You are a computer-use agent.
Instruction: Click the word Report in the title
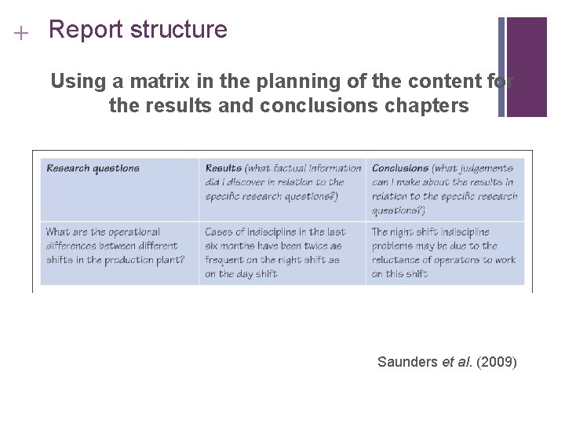click(x=86, y=31)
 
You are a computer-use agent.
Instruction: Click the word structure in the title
click(x=178, y=31)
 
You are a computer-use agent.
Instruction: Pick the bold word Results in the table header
click(x=223, y=168)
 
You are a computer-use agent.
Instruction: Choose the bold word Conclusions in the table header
click(x=400, y=168)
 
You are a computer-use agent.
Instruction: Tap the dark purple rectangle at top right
click(x=527, y=67)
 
